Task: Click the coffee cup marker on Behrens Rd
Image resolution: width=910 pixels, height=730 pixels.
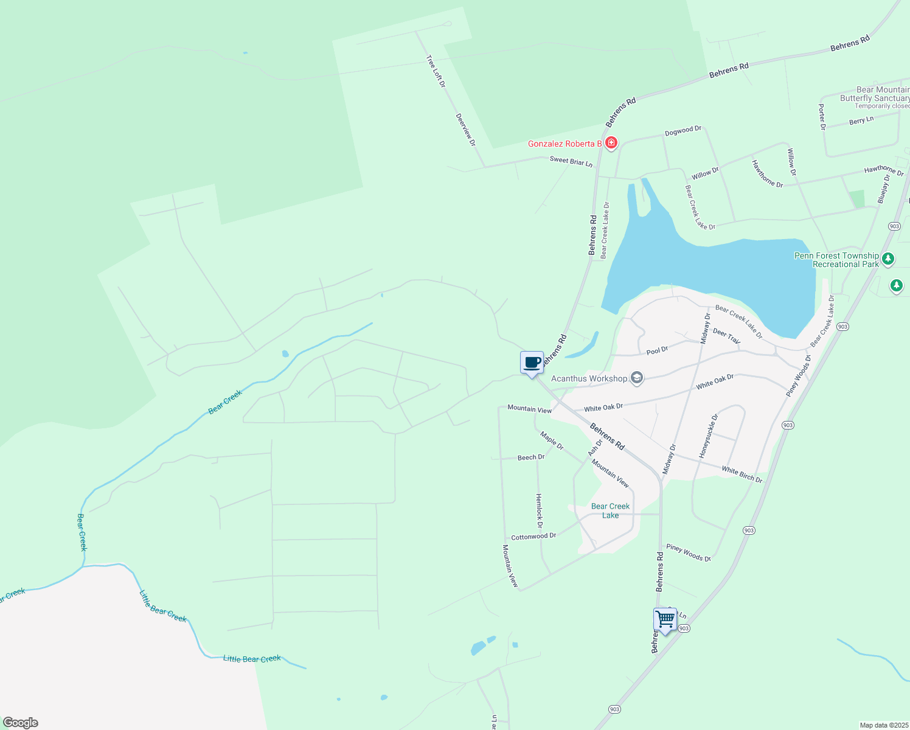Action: point(532,363)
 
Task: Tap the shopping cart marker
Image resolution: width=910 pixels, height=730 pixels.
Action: point(665,619)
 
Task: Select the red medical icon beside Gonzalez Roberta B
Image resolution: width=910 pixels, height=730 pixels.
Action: point(611,143)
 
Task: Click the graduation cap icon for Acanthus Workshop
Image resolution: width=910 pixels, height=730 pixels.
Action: point(636,378)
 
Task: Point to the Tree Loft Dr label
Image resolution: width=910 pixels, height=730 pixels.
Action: point(436,71)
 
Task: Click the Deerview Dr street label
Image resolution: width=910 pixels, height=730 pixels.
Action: point(466,130)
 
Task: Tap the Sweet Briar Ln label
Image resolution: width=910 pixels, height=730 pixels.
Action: point(571,161)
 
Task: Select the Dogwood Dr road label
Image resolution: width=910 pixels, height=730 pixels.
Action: point(683,131)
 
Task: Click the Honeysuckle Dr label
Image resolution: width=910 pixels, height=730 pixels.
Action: point(708,436)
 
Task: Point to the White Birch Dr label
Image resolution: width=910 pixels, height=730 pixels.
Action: point(742,474)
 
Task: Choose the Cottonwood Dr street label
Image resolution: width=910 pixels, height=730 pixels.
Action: point(533,537)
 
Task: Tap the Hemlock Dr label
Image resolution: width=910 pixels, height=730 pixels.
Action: point(539,510)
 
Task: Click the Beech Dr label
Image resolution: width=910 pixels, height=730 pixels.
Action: point(531,457)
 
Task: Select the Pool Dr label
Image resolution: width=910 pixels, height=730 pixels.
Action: point(657,350)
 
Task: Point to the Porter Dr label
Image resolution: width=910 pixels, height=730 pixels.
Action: point(822,117)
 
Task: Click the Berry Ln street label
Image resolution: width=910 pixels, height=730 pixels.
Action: point(861,120)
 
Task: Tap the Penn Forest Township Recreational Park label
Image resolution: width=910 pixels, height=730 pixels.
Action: point(836,260)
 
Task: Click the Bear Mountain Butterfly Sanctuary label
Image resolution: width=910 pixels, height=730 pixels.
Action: point(874,94)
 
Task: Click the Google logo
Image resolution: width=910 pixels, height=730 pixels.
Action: point(21,723)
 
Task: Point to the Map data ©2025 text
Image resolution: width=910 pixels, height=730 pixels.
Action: point(884,725)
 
